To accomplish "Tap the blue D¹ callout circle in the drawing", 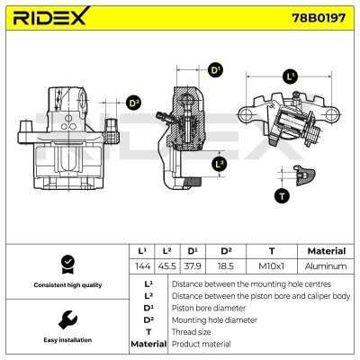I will point(215,70).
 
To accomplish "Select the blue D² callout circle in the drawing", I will point(134,103).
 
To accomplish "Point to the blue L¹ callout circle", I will point(290,77).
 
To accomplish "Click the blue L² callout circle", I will point(220,164).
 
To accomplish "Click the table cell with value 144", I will point(142,266).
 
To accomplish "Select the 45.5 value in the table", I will point(167,266).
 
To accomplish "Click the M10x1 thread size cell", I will point(272,266).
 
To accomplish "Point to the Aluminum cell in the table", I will point(326,266).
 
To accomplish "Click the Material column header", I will point(326,251).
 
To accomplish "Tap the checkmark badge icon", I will point(65,263).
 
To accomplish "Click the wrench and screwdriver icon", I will point(65,320).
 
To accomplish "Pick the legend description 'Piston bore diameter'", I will point(208,307).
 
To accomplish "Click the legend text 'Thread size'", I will point(191,331).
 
